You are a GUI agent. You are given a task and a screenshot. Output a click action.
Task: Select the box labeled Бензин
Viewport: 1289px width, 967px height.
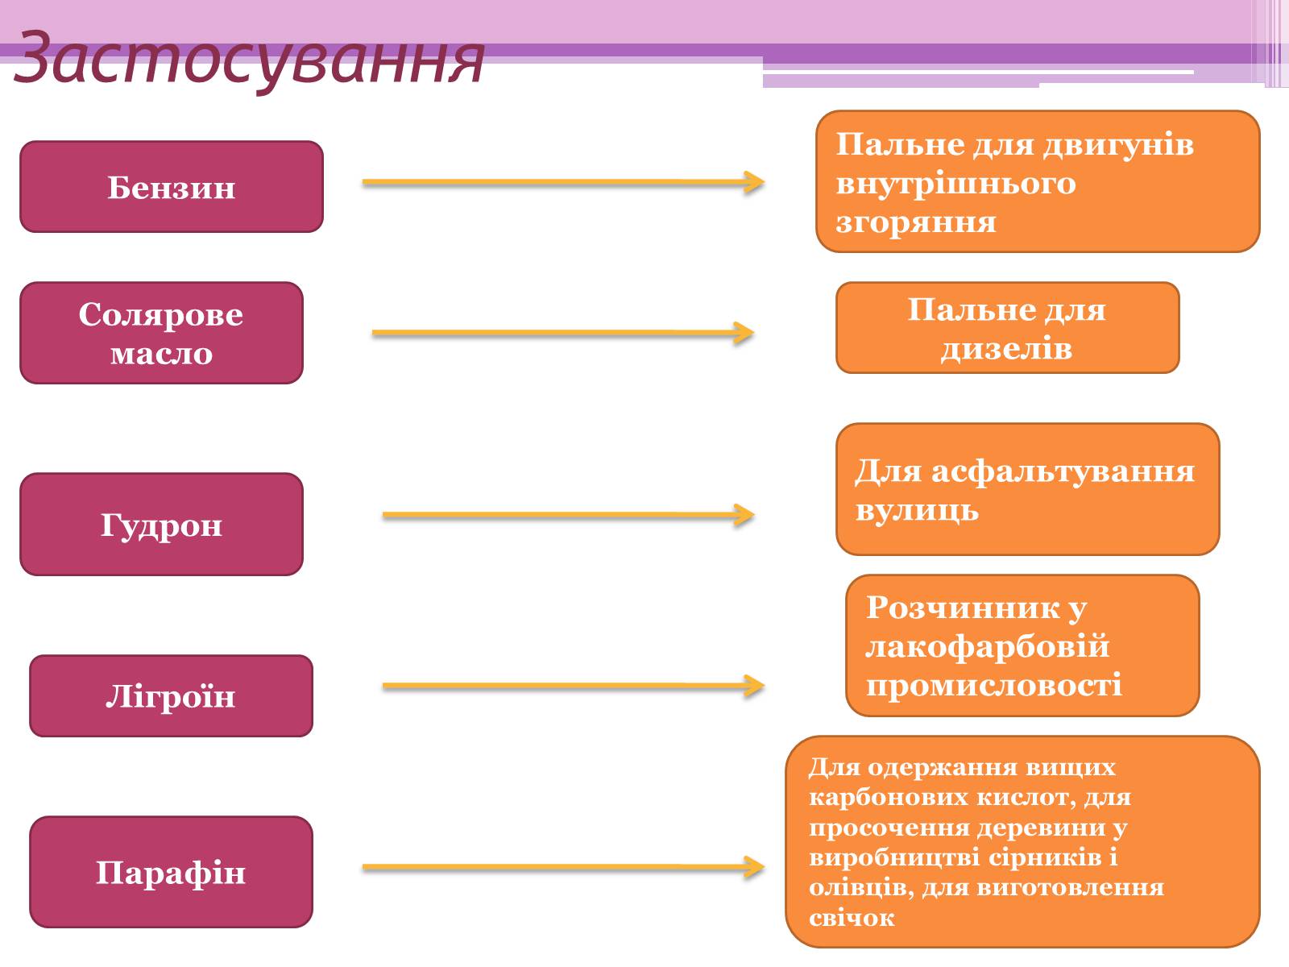click(172, 187)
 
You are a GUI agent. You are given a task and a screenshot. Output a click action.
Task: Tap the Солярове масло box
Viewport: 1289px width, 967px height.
click(161, 333)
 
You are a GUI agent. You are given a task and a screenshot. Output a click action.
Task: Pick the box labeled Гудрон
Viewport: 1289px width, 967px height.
click(161, 525)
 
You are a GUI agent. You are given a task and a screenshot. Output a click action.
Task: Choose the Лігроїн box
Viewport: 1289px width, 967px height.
click(171, 696)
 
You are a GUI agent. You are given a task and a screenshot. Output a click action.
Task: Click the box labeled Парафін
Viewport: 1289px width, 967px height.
click(171, 872)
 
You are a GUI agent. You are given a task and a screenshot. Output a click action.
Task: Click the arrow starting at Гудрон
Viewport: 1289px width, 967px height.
click(568, 515)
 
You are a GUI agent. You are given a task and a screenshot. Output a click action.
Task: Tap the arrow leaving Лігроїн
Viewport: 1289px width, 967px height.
click(572, 686)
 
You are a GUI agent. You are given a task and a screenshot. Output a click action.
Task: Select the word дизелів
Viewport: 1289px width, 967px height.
click(1006, 349)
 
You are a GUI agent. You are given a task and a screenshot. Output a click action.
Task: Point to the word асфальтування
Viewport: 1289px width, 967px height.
click(1063, 471)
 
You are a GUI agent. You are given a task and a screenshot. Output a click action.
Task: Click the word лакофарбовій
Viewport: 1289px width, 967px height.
click(988, 646)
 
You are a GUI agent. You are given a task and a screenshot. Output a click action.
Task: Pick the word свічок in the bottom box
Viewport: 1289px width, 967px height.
click(852, 918)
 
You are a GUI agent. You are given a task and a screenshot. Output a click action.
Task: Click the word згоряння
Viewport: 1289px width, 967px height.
click(916, 222)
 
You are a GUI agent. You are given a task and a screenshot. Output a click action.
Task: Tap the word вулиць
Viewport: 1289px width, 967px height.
click(917, 510)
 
